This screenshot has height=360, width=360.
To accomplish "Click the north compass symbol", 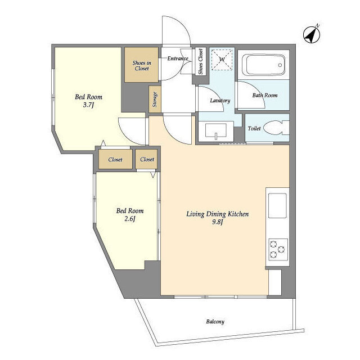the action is coord(311,35).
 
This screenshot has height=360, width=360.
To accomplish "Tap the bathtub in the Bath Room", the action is coord(264,65).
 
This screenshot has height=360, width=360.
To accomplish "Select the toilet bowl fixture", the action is coord(276,128).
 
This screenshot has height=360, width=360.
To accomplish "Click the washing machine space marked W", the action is coord(222,60).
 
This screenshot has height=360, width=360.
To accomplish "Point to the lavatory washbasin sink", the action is coord(216,131).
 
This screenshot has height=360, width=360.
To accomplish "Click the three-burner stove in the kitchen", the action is coord(278,249).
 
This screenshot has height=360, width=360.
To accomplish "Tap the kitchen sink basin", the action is coord(277,205).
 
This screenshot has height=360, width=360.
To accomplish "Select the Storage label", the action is coord(155,100).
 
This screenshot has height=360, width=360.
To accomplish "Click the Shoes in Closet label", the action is coord(142,65).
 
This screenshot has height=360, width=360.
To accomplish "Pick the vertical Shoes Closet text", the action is coord(200,61).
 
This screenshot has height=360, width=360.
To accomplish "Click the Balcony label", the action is coord(215,321).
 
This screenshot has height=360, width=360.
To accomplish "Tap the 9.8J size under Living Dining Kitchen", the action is coord(218,222).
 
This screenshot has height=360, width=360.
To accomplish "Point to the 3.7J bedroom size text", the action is coord(89,105).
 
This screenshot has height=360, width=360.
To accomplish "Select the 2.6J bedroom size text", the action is coord(130,219).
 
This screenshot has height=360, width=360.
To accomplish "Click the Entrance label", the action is coord(178,58).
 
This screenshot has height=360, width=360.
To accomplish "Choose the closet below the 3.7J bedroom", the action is coord(115,159).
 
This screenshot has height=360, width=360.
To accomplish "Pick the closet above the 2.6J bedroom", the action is coord(146,159).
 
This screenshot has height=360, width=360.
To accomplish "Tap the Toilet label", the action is coord(254,128).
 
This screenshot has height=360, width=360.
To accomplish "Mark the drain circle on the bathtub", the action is coord(280,65).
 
